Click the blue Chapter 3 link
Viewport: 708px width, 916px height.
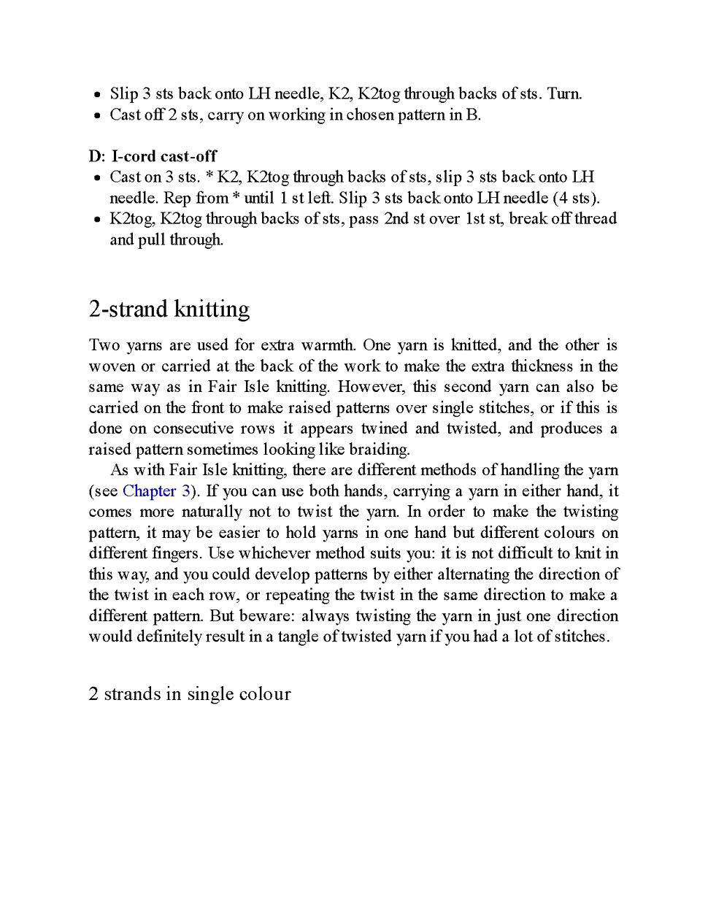click(156, 491)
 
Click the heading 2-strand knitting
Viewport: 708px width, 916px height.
click(169, 309)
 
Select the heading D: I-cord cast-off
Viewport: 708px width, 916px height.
click(153, 156)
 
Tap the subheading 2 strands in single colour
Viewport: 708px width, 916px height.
click(190, 694)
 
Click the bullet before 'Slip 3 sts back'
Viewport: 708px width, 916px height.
click(97, 95)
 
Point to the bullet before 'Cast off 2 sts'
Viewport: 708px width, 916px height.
click(97, 115)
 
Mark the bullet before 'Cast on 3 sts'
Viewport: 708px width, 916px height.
click(97, 178)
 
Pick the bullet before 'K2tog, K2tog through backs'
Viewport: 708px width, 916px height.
click(97, 220)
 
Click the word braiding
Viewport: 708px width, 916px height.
click(379, 450)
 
